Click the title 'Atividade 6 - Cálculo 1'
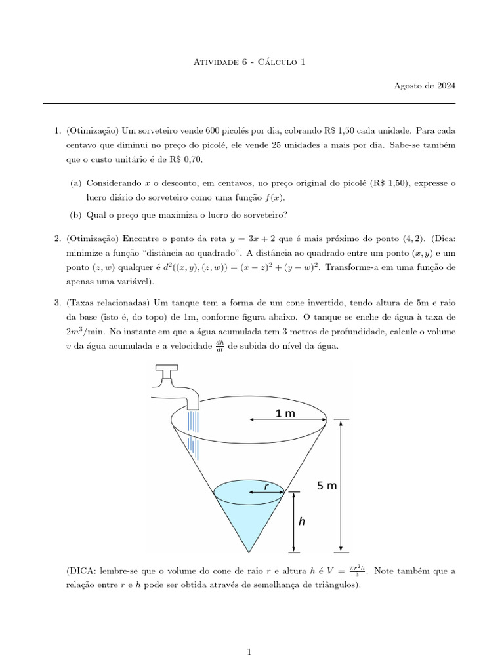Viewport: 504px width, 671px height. click(x=251, y=62)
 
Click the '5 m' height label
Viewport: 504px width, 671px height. click(x=326, y=486)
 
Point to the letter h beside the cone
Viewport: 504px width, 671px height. click(x=301, y=522)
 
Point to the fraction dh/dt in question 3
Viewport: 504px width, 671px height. click(x=220, y=346)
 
